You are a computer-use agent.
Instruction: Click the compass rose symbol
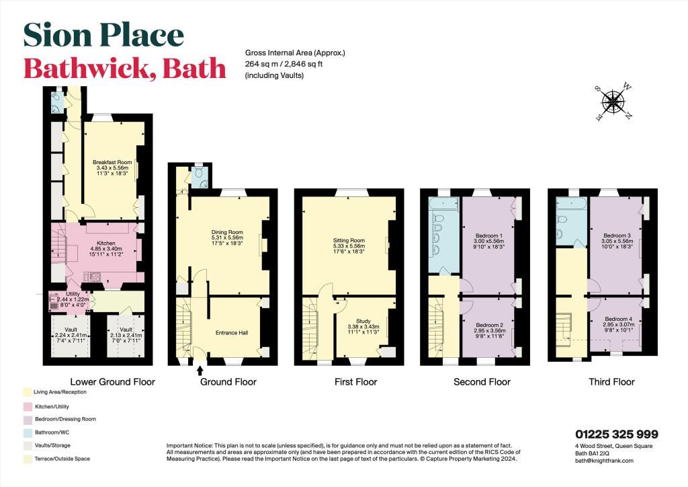coord(613,102)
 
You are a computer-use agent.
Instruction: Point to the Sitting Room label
coord(349,240)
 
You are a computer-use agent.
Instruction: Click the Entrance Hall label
coord(232,332)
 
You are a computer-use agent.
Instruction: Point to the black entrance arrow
coord(200,369)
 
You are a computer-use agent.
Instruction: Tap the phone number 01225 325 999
coord(616,435)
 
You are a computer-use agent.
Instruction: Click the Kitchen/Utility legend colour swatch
coord(25,407)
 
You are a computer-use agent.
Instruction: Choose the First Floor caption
coord(355,382)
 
